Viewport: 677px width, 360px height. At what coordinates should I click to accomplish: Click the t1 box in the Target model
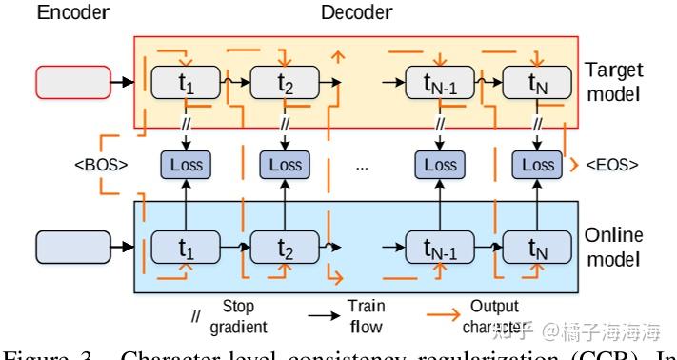pyautogui.click(x=186, y=83)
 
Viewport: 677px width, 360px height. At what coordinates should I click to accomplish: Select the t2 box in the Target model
pyautogui.click(x=285, y=83)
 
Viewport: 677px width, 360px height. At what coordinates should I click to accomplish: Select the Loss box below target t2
pyautogui.click(x=285, y=164)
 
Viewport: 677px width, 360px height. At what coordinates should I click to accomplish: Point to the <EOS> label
pyautogui.click(x=609, y=164)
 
